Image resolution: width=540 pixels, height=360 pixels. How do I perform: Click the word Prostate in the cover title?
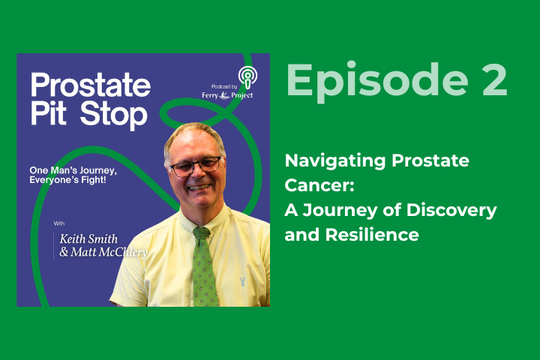(91, 85)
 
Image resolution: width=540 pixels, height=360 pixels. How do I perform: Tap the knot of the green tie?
(202, 233)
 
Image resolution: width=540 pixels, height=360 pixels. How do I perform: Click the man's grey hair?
(191, 133)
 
